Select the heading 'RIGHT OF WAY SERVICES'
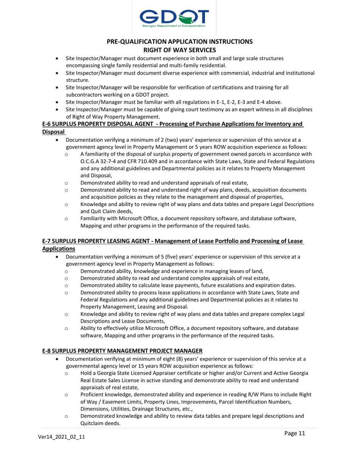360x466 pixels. click(180, 50)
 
